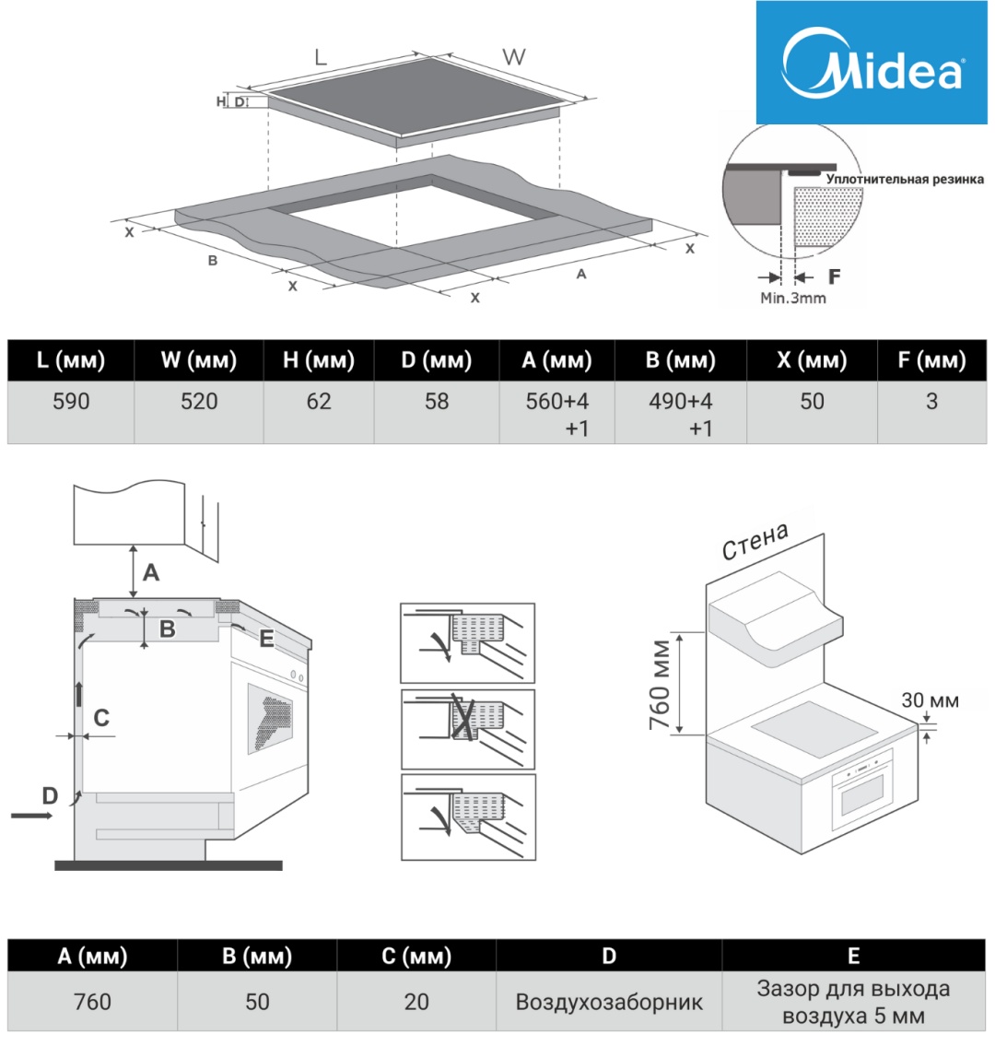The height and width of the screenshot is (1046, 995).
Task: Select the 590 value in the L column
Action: click(71, 402)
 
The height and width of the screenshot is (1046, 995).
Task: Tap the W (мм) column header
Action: click(199, 360)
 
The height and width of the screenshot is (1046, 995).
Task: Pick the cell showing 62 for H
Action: click(319, 402)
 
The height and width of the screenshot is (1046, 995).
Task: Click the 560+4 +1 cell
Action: click(556, 414)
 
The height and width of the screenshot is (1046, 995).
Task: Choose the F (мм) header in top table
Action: click(931, 360)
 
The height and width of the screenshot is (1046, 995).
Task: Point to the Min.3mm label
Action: click(792, 298)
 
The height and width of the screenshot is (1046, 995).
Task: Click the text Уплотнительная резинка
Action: click(905, 179)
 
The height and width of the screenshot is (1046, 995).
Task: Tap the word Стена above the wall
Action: click(755, 542)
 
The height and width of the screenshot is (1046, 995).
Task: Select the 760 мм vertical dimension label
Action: click(661, 683)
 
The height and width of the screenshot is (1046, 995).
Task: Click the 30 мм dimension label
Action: click(930, 700)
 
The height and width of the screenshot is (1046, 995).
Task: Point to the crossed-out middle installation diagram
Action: click(467, 728)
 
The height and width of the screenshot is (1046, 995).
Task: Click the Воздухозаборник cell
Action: click(609, 1002)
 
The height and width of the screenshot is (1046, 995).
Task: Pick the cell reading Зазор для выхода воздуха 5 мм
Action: click(853, 1002)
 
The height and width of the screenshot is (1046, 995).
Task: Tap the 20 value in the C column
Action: click(416, 1002)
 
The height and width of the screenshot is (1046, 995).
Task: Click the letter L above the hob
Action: click(320, 57)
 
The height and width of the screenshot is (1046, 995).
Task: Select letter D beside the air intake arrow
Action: click(50, 794)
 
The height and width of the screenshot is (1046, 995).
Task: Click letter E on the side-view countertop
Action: click(266, 638)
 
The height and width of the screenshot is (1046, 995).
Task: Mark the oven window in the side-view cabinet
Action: click(269, 719)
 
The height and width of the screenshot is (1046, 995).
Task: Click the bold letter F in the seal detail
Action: click(835, 276)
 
